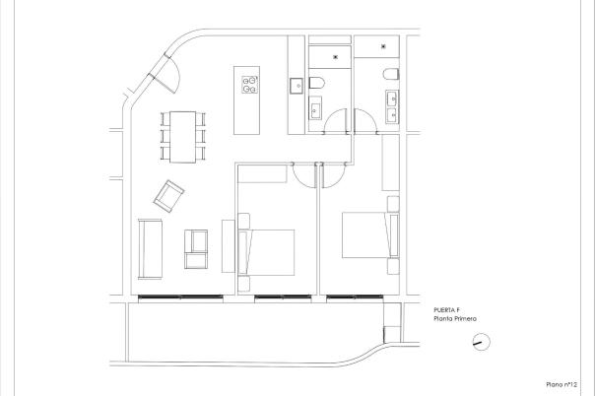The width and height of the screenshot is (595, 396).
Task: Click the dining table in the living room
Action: point(183,136)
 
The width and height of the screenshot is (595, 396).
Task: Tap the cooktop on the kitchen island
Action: point(249,85)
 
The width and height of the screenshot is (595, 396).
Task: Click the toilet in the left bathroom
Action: point(318,81)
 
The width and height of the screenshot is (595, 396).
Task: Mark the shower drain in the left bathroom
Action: point(337,57)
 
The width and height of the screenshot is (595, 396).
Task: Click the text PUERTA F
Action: point(446,310)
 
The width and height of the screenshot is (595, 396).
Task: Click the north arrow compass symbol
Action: point(480,342)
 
